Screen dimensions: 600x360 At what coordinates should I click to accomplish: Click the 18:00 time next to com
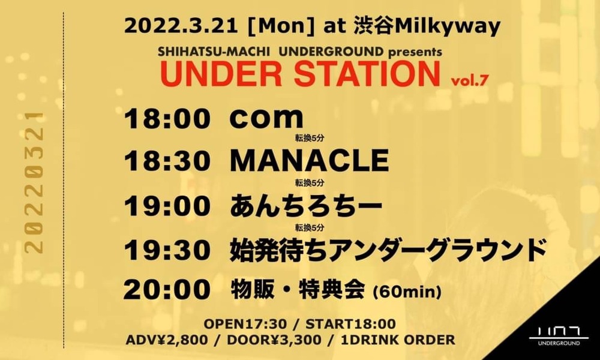[167, 119]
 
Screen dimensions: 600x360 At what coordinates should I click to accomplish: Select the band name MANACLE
[309, 161]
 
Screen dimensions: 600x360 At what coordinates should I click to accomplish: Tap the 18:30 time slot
[167, 161]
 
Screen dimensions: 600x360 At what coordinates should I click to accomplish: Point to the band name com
[266, 119]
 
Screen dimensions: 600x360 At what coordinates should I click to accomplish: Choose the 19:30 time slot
[167, 251]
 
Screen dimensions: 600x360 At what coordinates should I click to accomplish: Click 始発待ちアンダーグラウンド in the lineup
[387, 250]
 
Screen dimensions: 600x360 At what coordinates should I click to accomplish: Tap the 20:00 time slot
[167, 290]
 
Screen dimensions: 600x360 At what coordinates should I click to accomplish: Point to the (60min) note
[407, 292]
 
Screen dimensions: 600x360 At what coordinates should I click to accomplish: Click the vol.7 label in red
[470, 81]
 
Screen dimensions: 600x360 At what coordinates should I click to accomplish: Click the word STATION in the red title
[367, 74]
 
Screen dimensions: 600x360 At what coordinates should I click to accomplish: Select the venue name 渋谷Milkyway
[427, 27]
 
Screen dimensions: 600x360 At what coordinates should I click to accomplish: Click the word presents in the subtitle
[415, 52]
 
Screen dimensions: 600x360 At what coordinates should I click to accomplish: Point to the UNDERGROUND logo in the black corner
[559, 335]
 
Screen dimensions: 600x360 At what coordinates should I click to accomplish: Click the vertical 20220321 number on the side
[34, 183]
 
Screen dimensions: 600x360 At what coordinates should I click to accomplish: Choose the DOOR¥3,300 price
[274, 340]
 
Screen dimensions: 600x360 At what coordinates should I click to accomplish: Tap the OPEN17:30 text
[245, 324]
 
